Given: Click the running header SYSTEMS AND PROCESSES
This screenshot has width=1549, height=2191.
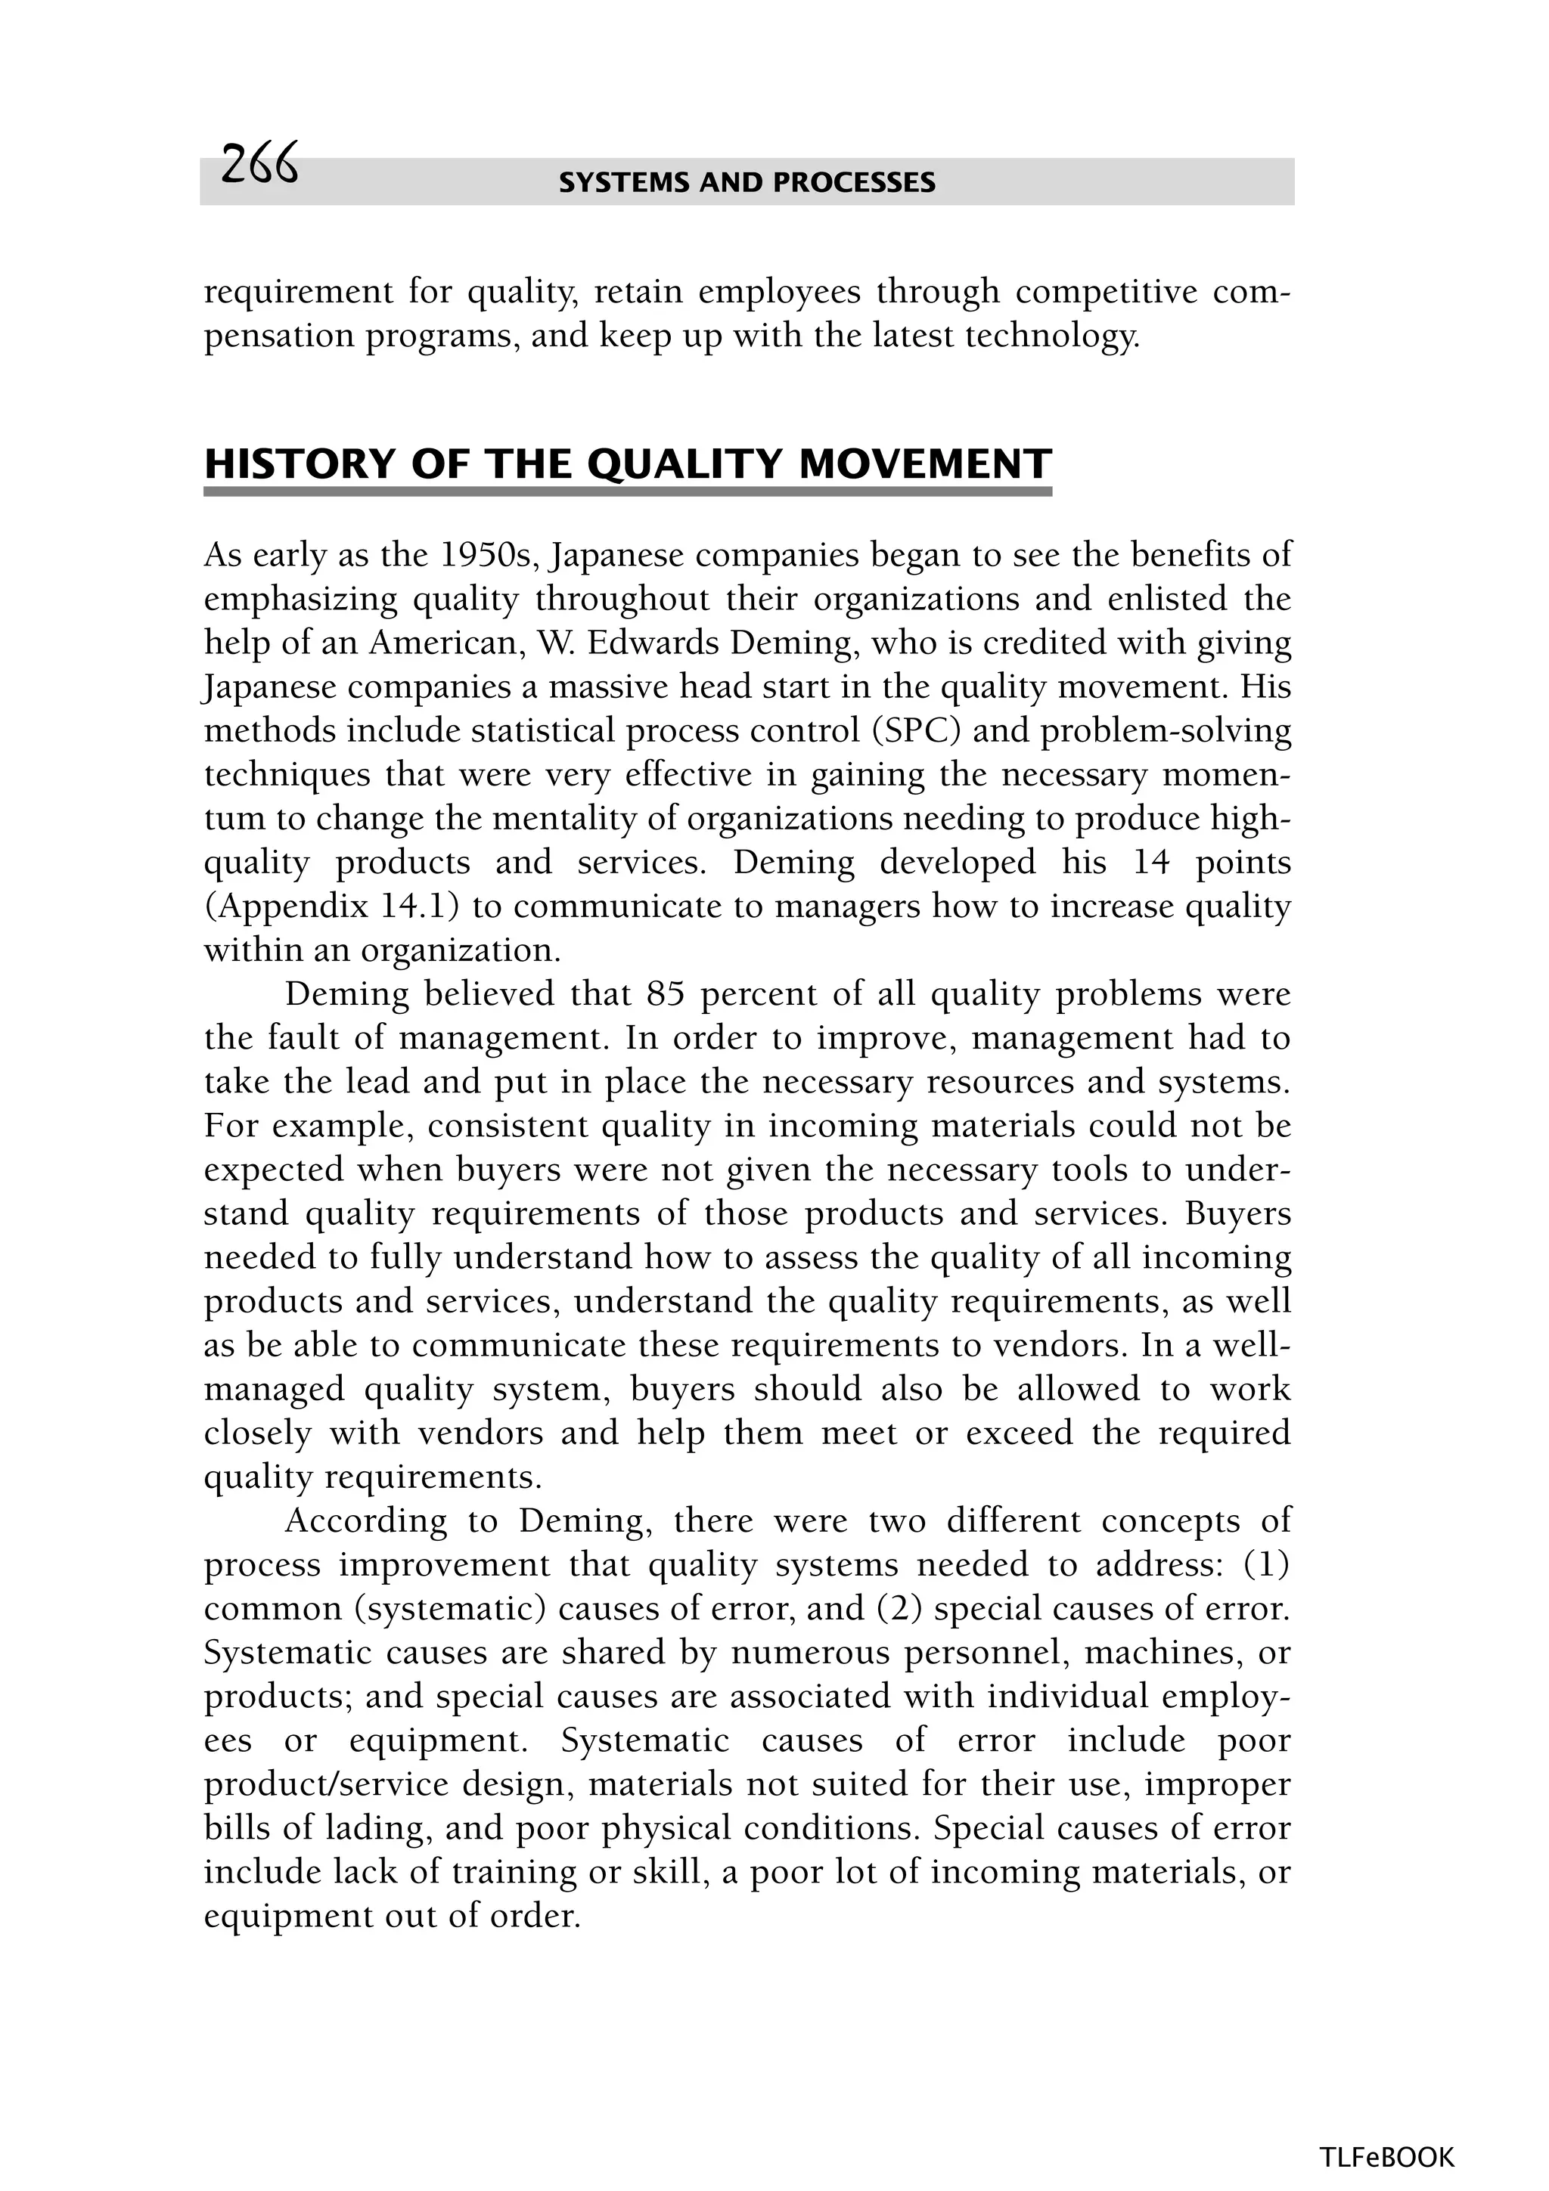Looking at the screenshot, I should pyautogui.click(x=747, y=182).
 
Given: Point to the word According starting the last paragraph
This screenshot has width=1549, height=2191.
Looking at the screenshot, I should pyautogui.click(x=365, y=1520).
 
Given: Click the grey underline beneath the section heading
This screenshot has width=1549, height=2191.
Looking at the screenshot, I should pyautogui.click(x=627, y=491).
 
